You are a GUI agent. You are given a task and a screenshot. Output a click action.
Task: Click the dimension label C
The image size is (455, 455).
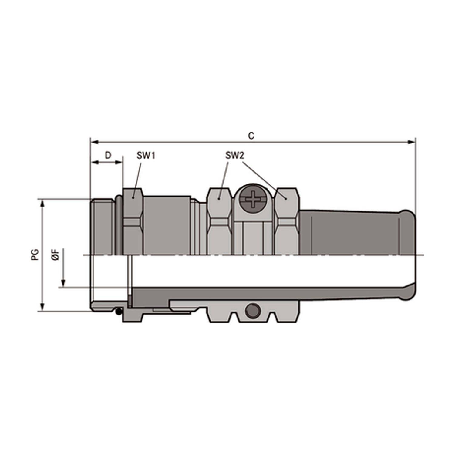251,136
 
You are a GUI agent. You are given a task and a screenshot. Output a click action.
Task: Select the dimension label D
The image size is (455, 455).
108,155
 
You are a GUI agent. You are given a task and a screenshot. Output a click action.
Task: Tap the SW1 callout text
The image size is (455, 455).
146,156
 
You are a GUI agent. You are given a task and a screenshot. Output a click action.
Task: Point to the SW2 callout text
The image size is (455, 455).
234,156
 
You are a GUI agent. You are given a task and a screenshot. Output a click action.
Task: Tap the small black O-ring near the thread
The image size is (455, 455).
119,311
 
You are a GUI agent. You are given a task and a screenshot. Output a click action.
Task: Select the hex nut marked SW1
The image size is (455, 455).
133,221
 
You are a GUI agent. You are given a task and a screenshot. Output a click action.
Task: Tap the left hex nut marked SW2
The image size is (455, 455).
219,221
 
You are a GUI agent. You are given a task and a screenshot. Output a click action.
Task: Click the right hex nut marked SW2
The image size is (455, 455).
286,221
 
